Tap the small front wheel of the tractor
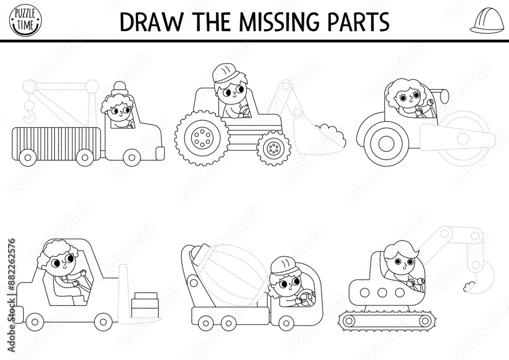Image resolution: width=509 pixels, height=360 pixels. pyautogui.click(x=274, y=148)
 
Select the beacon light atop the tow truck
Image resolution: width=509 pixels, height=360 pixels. pyautogui.click(x=120, y=88)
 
